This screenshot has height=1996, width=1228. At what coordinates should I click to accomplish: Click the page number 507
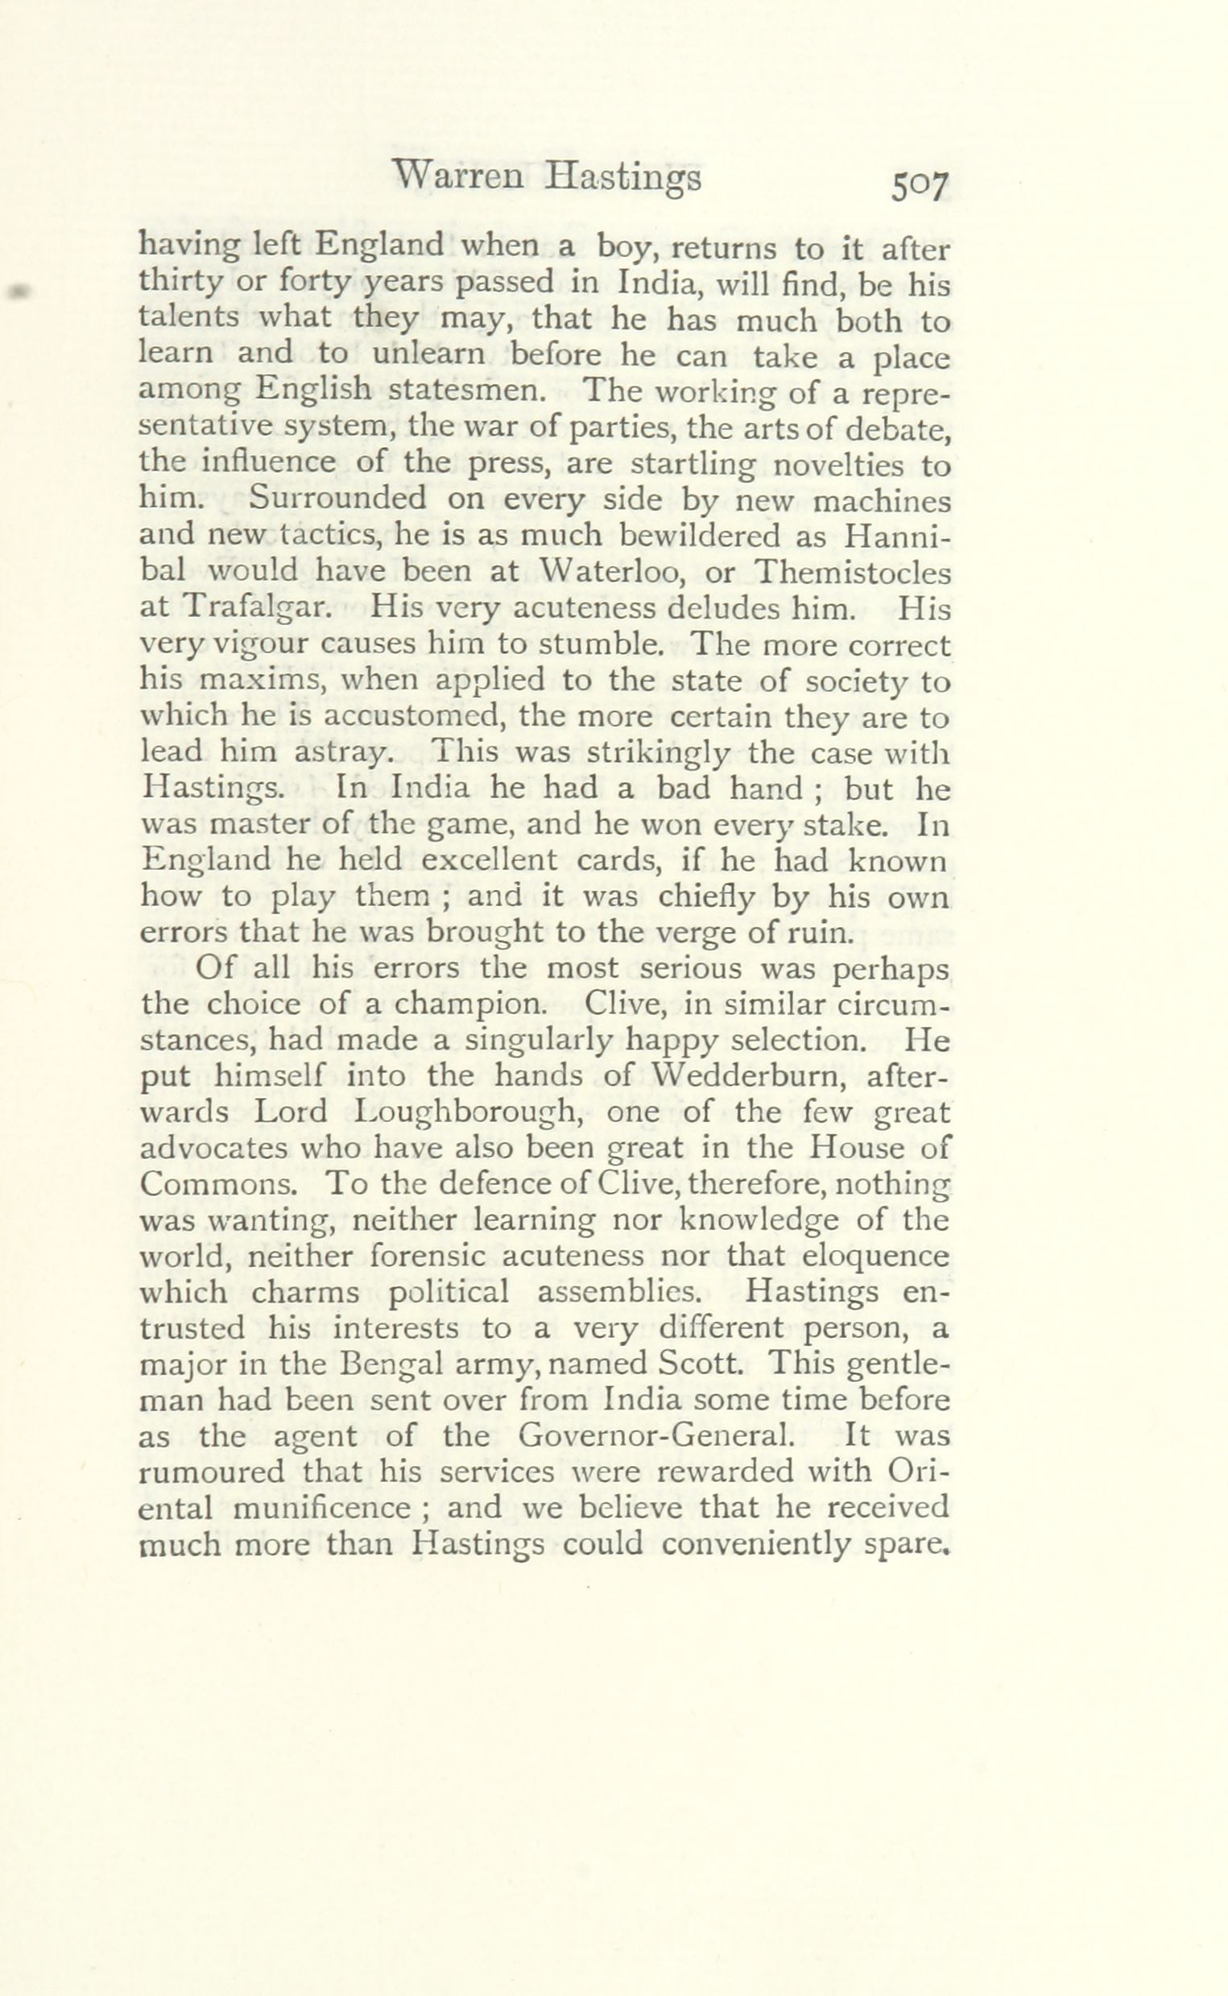920,188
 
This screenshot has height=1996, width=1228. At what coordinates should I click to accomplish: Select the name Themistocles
852,572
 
